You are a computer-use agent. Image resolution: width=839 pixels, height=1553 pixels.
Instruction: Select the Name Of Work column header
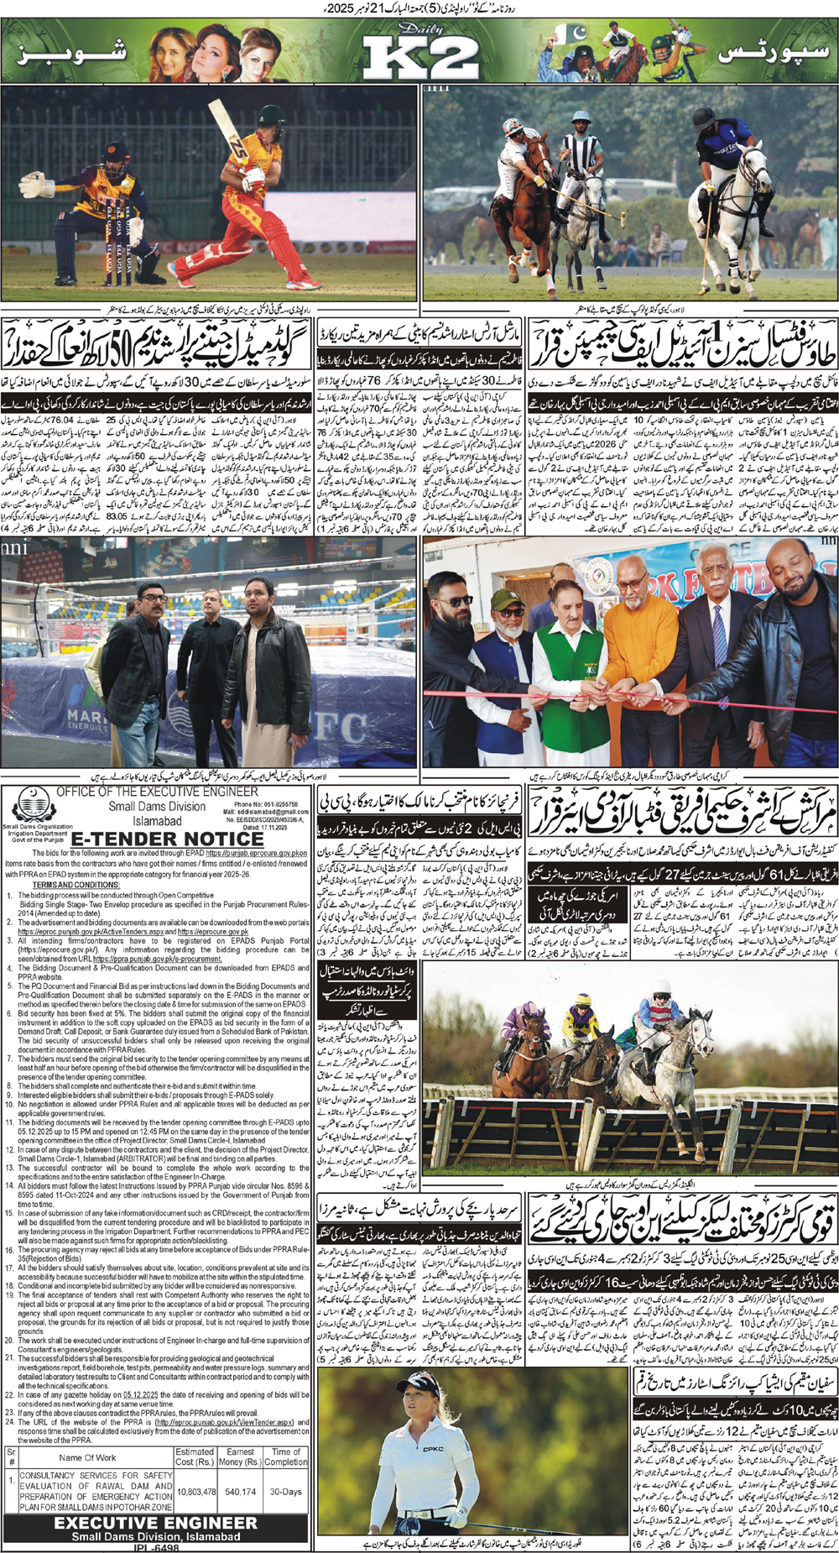tap(88, 1457)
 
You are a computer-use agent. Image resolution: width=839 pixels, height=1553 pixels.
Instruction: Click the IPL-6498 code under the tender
tap(156, 1547)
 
